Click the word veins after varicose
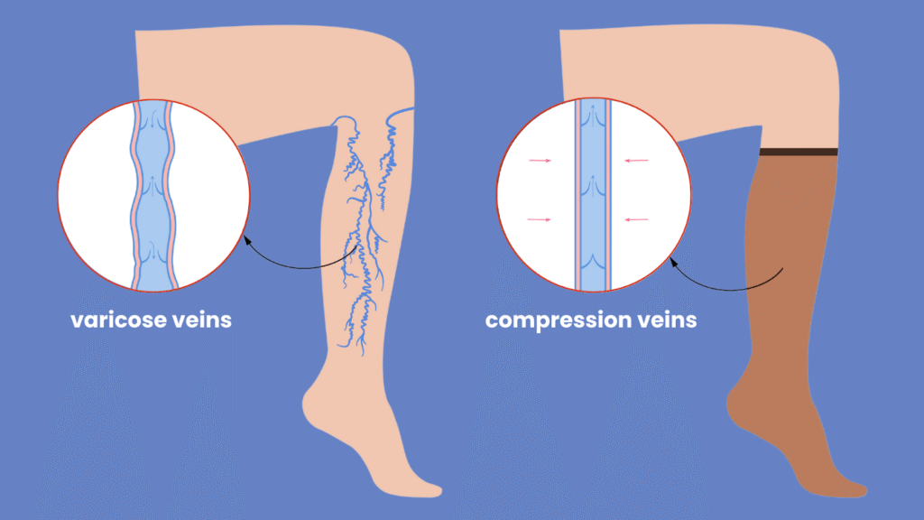201,320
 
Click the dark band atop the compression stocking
799,152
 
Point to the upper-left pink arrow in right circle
540,161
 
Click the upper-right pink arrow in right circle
636,161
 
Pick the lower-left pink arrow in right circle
540,219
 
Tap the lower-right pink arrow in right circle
636,219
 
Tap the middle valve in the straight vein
593,189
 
